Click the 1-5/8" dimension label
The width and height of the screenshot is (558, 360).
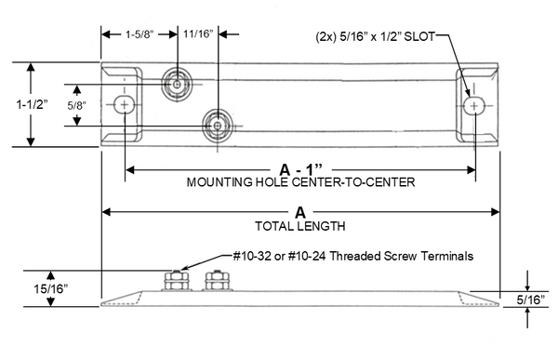click(139, 34)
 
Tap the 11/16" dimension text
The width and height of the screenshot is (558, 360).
click(198, 34)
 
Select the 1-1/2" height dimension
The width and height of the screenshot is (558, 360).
click(32, 104)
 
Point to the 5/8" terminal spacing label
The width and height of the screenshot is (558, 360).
click(77, 105)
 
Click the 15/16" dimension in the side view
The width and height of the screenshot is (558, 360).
click(50, 288)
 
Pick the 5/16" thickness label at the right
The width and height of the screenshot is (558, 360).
click(531, 300)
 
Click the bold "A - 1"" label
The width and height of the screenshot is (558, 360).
click(300, 170)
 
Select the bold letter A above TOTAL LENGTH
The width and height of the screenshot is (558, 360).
click(300, 213)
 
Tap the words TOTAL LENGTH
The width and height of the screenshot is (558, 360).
click(300, 226)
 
